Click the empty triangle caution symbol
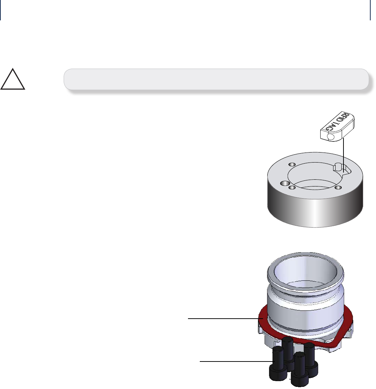[13, 80]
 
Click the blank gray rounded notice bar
[216, 79]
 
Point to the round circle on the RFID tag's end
[331, 137]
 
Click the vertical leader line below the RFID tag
[343, 154]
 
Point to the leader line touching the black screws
[236, 361]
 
